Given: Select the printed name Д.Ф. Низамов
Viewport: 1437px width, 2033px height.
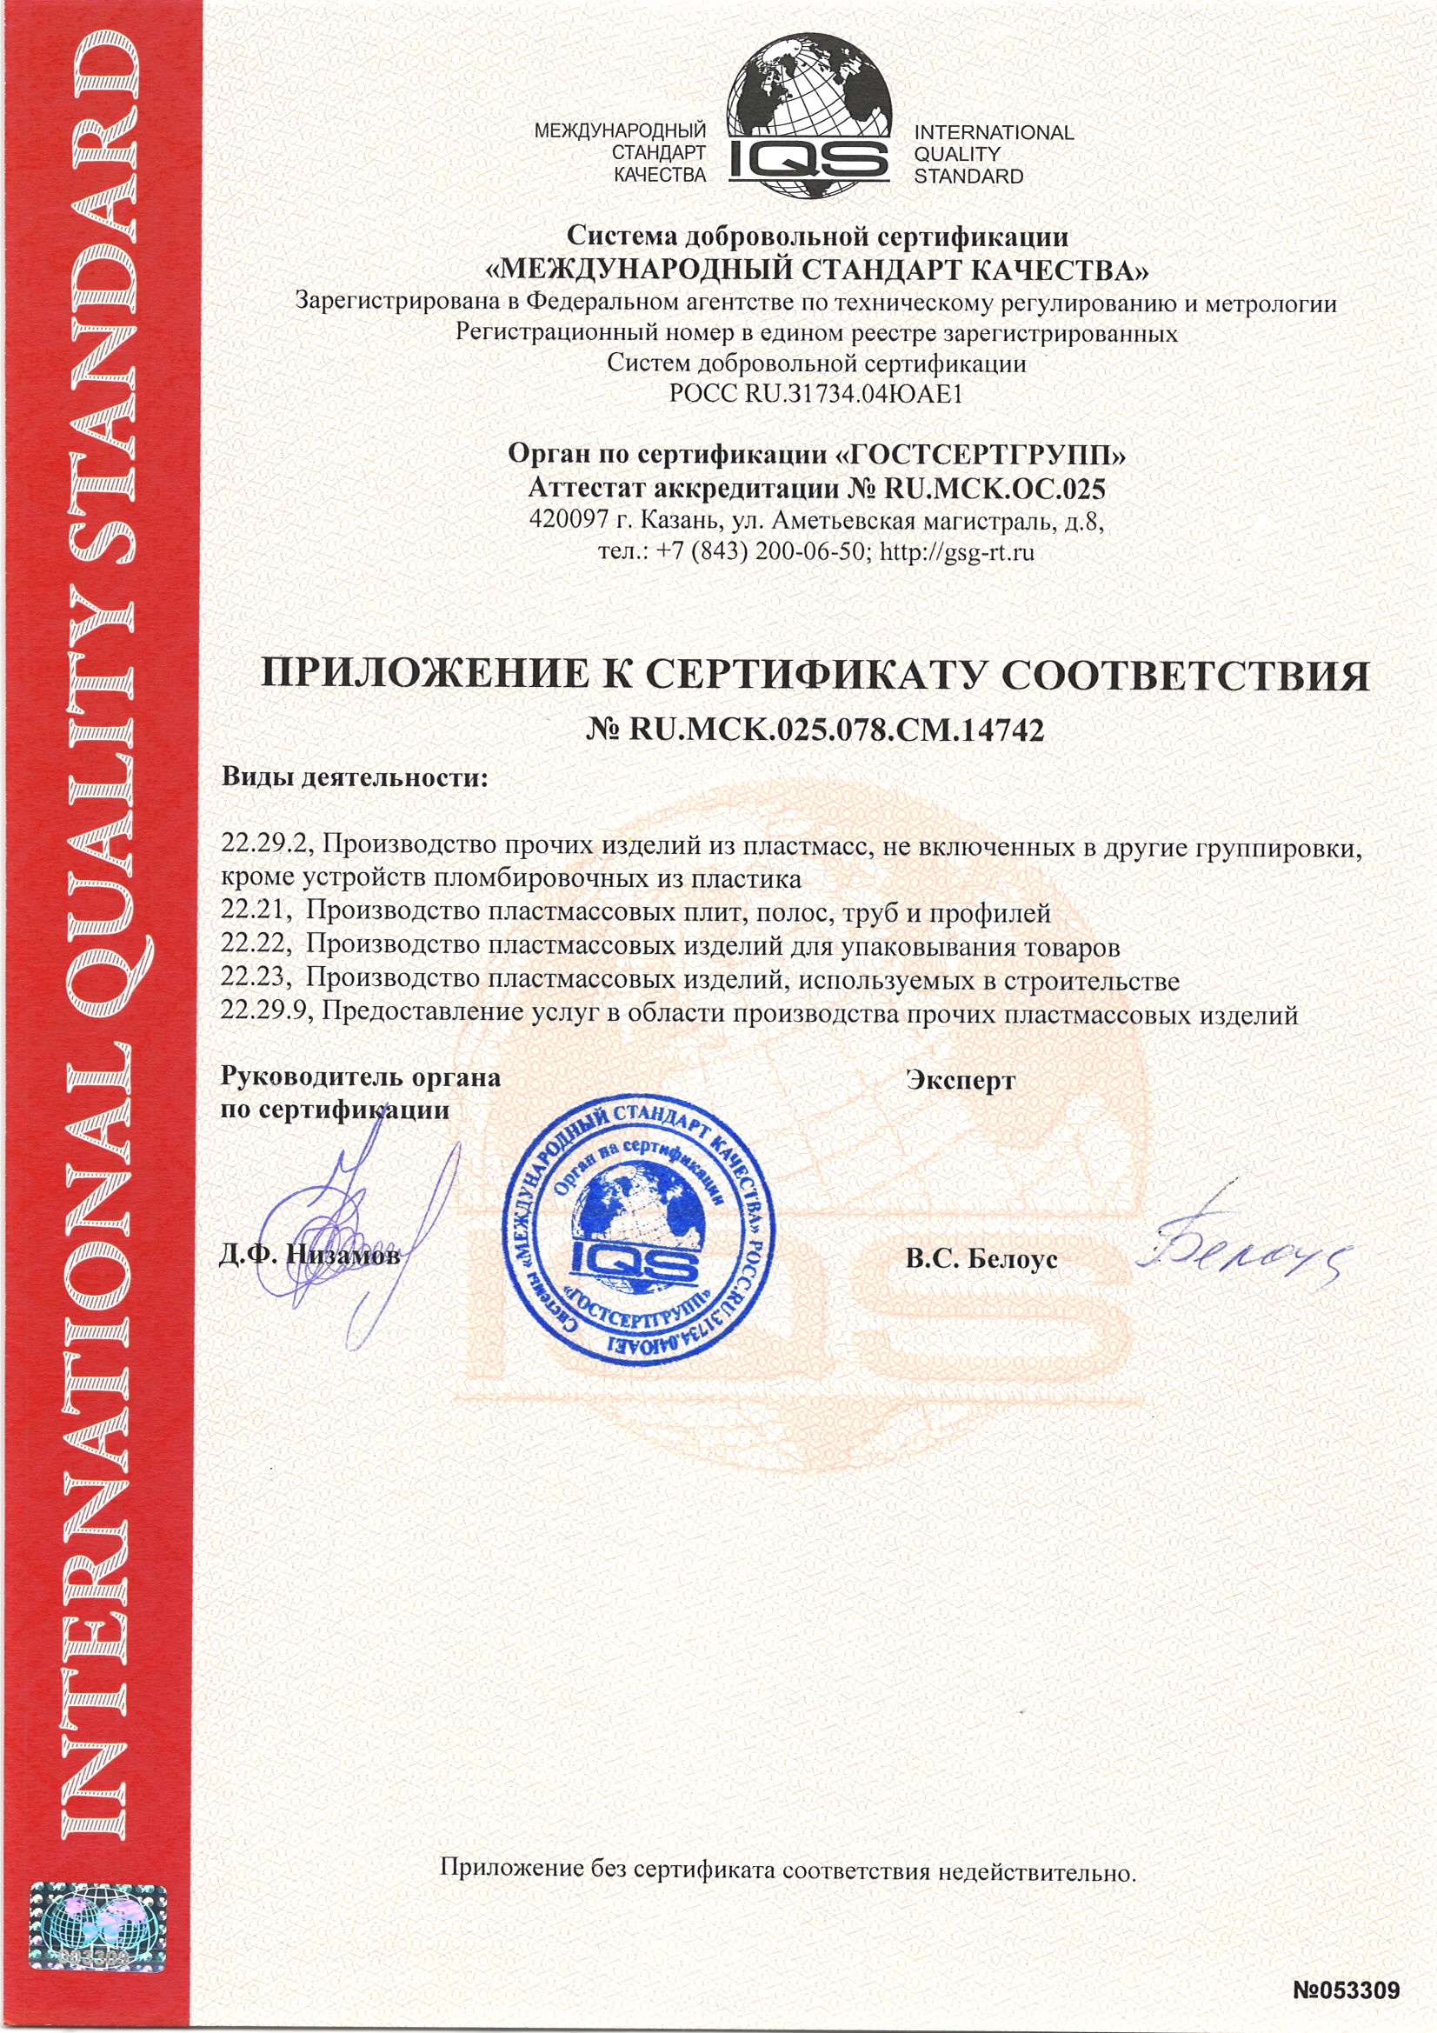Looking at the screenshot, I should pyautogui.click(x=309, y=1256).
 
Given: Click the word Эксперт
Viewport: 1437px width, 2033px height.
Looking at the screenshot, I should pyautogui.click(x=961, y=1080).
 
